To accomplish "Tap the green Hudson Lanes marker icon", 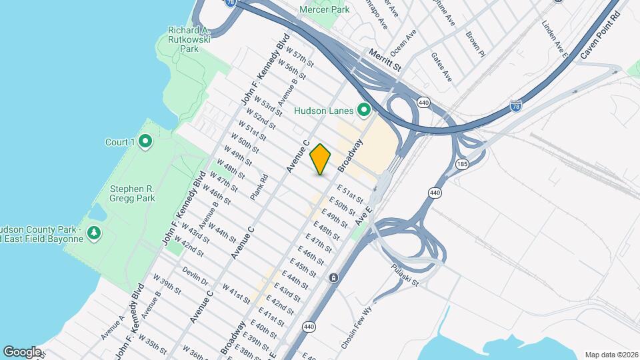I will [364, 109].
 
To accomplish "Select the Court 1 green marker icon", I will [146, 141].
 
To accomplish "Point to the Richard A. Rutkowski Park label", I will [189, 39].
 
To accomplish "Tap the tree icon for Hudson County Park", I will [95, 232].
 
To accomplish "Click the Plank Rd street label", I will [259, 187].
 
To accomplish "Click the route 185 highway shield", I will [461, 163].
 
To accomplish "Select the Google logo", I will [22, 351].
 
